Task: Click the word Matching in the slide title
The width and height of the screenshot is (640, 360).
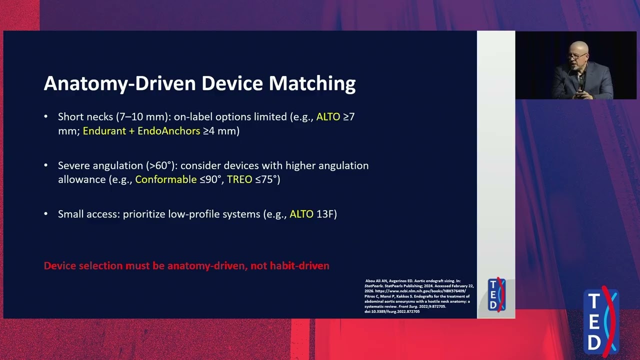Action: [312, 83]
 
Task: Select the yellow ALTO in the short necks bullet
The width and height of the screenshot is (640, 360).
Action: [328, 117]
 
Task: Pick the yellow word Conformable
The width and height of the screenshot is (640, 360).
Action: [166, 179]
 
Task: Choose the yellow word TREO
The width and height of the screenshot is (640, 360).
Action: [239, 179]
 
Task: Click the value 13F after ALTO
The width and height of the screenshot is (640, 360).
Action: [326, 214]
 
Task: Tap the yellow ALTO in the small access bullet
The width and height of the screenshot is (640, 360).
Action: [301, 214]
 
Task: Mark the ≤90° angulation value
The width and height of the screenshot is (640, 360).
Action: [210, 179]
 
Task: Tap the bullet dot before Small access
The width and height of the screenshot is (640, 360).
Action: [46, 214]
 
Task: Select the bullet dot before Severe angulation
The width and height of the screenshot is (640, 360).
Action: [46, 165]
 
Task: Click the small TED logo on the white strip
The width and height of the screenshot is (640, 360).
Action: [496, 295]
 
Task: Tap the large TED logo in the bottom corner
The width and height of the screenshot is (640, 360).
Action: [601, 321]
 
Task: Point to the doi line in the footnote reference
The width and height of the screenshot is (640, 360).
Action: [392, 311]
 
